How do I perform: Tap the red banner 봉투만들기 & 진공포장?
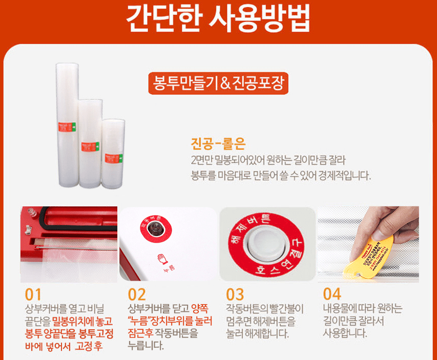tap(218, 82)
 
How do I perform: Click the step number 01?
tap(33, 295)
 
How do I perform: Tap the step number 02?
tap(137, 295)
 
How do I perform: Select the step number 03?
tap(235, 295)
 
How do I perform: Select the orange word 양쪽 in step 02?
tap(200, 309)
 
